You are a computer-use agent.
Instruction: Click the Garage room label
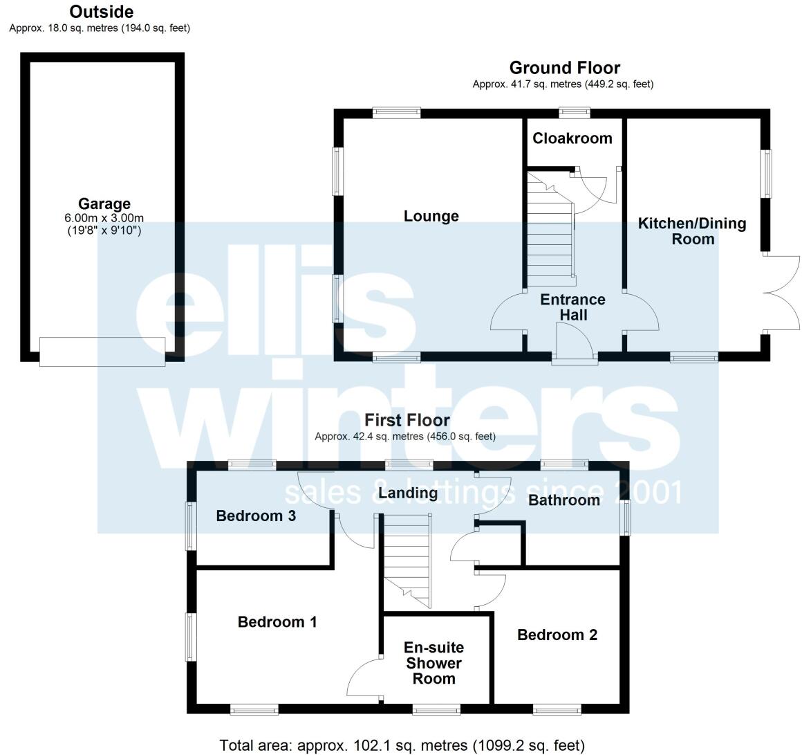[104, 204]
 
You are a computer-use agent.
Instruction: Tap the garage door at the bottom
[102, 351]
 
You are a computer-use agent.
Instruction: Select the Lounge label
[431, 217]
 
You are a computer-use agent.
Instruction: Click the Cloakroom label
[572, 138]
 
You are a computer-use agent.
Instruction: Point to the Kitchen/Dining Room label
[692, 231]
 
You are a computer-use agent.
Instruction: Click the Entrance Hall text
[572, 307]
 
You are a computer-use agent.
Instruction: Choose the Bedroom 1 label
[277, 622]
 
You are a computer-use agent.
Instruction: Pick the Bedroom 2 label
[557, 635]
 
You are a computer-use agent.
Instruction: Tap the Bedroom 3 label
[256, 516]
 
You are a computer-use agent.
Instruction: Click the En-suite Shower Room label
[433, 663]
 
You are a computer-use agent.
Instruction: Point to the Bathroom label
[564, 500]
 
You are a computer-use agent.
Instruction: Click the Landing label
[408, 493]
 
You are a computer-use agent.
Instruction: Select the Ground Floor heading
[564, 68]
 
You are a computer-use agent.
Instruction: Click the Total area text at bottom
[402, 745]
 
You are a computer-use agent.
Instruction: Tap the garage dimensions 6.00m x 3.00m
[104, 218]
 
